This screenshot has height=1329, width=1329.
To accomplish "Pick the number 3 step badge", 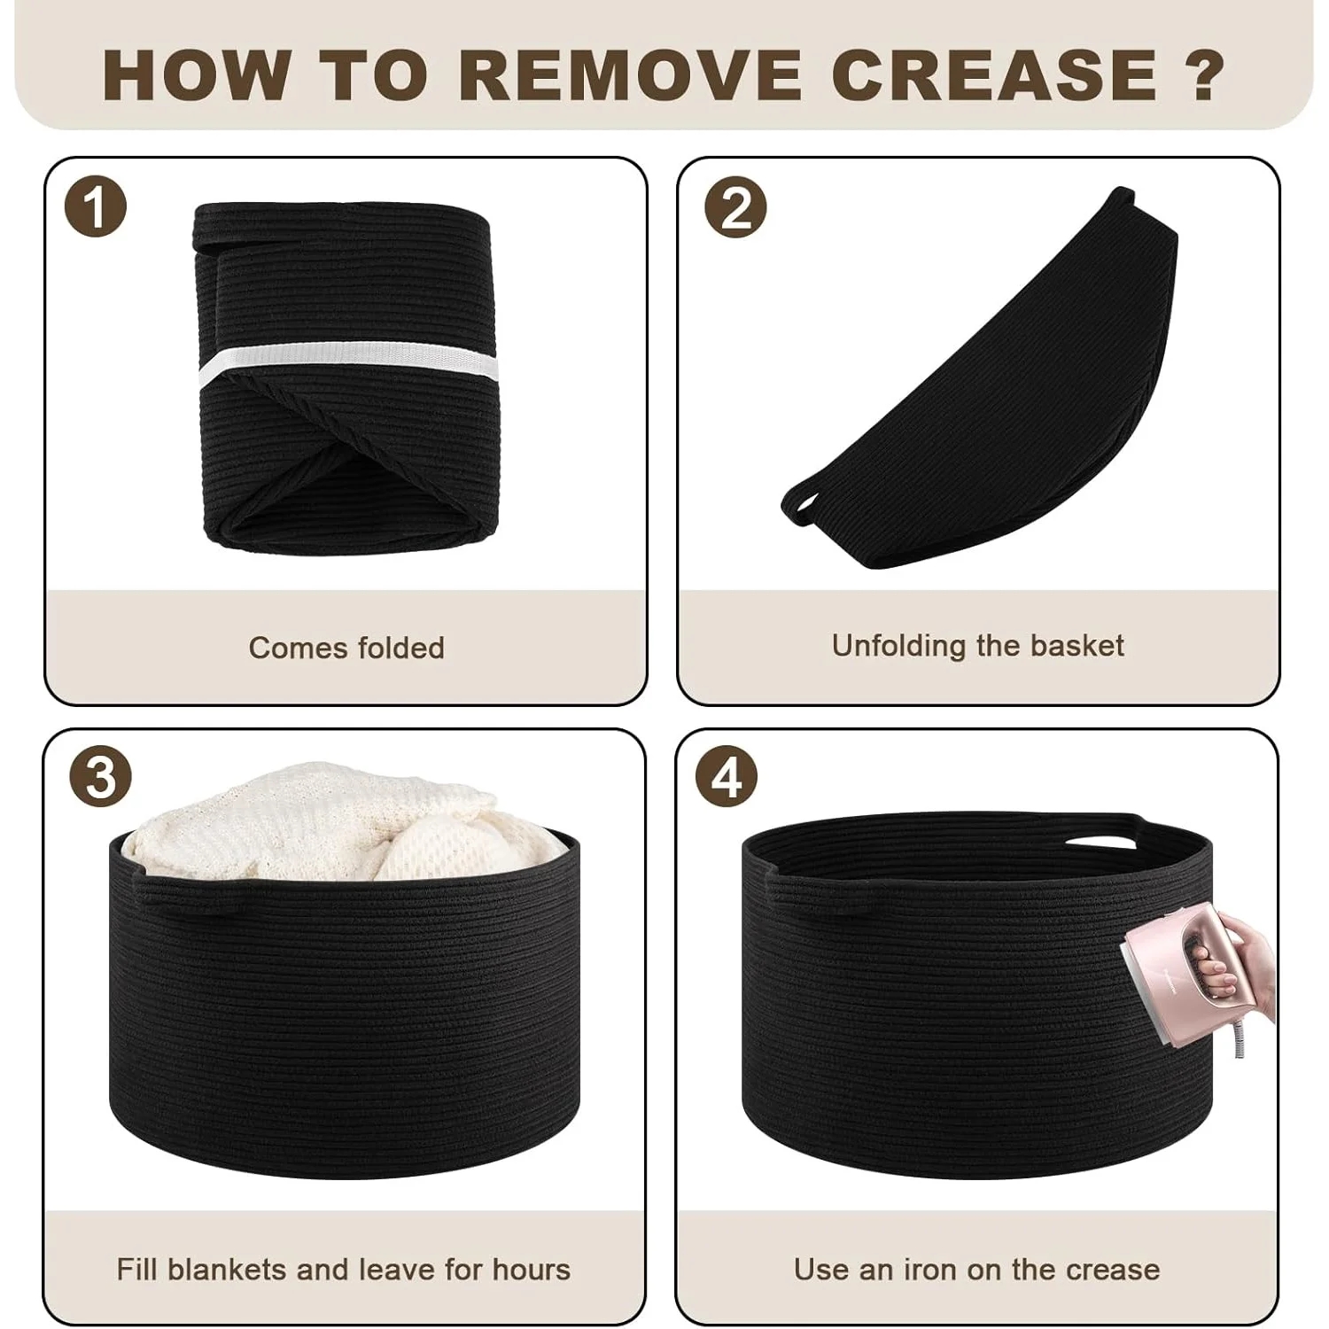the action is (x=100, y=777).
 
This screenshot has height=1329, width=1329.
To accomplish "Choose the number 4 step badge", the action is (x=727, y=777).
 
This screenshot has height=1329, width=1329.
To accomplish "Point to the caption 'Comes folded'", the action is (x=346, y=648).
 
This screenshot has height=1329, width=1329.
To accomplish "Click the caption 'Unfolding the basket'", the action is (x=977, y=646).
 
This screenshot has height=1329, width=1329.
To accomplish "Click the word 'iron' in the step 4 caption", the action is (x=930, y=1270).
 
